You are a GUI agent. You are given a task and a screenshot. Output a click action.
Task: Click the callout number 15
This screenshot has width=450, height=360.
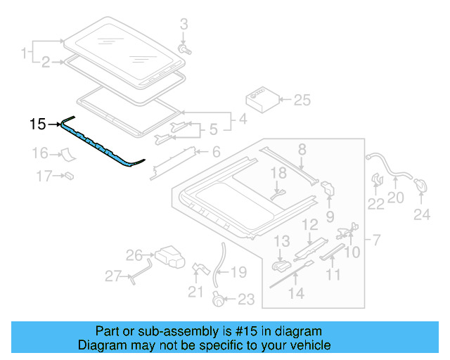point(37,124)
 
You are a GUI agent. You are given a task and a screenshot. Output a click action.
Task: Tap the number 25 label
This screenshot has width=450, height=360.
point(301,100)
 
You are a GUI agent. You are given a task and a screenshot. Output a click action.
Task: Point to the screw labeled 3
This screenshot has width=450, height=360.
point(186,50)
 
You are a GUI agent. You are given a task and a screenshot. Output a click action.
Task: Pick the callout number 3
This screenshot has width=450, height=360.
point(184,25)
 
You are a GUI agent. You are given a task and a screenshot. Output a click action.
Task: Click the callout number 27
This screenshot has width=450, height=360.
point(113,276)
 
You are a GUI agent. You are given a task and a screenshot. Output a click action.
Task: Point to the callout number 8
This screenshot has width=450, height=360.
point(302,149)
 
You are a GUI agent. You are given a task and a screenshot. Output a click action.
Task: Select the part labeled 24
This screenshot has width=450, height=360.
point(420,186)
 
